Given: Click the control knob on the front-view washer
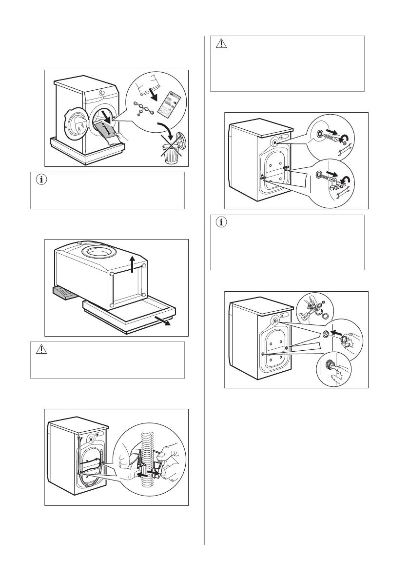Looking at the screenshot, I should [x=102, y=92].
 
